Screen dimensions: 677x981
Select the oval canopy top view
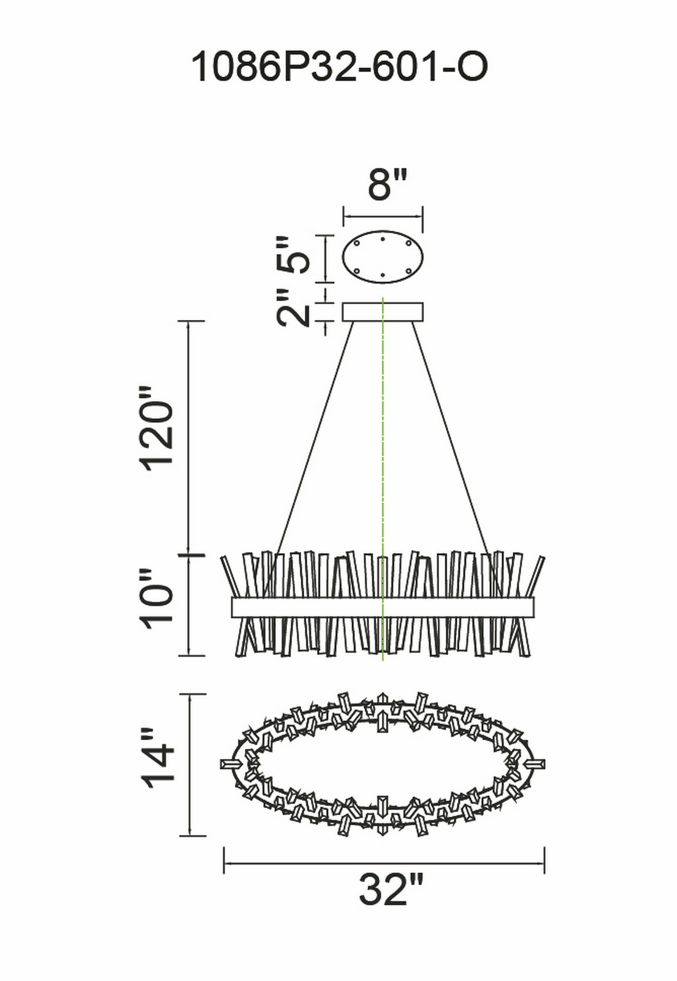pyautogui.click(x=383, y=258)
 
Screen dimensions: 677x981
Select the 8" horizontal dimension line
pyautogui.click(x=383, y=216)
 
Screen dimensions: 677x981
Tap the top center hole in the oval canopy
pyautogui.click(x=382, y=239)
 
